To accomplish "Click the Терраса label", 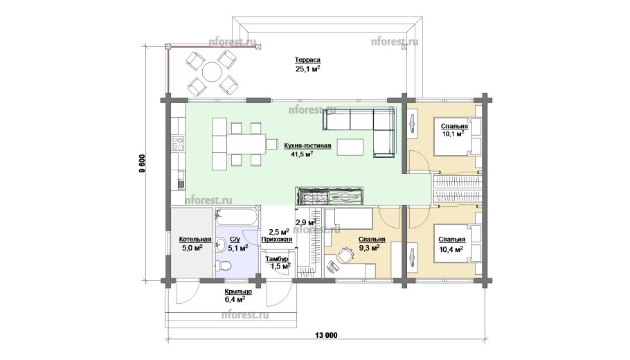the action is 307,60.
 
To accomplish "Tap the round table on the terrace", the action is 212,72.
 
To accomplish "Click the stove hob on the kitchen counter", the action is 179,144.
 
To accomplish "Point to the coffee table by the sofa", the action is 350,147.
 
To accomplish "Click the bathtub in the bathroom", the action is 235,218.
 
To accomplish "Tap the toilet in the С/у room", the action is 223,265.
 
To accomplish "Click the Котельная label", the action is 195,240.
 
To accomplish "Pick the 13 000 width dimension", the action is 326,335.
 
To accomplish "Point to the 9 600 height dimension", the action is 142,163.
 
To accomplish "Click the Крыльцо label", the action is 238,291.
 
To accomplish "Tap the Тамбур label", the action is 276,259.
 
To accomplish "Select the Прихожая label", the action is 276,240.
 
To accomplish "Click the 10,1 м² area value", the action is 453,134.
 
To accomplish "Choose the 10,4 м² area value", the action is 451,249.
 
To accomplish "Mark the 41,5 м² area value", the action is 301,154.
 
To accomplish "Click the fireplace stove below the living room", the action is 330,197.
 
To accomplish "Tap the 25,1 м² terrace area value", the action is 308,69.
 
